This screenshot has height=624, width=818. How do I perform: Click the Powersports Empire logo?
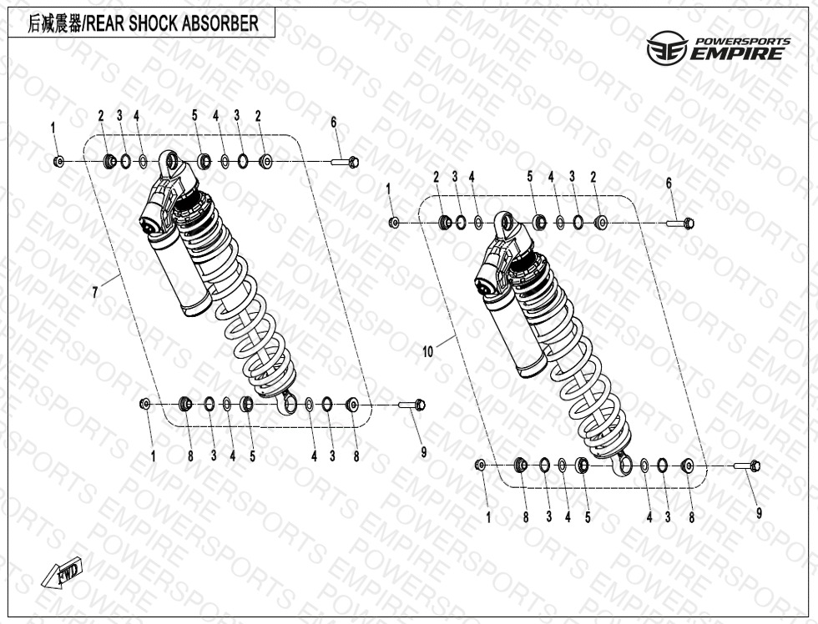click(x=718, y=50)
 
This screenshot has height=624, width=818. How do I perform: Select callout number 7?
click(x=95, y=292)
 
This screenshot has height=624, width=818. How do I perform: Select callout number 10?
click(x=428, y=353)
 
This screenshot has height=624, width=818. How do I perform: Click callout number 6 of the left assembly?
click(x=333, y=122)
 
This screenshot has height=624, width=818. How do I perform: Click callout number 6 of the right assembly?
click(x=669, y=183)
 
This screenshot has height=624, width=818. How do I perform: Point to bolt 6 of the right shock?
click(x=680, y=223)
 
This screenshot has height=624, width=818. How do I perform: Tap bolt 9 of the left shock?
click(x=413, y=405)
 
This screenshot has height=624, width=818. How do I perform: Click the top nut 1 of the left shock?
click(x=58, y=160)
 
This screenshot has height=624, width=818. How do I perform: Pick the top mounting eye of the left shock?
click(x=170, y=159)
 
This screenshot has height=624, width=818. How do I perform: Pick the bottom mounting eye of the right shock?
click(x=622, y=463)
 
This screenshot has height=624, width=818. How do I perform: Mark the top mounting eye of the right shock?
click(x=502, y=221)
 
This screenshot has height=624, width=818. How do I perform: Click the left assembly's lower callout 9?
click(x=423, y=452)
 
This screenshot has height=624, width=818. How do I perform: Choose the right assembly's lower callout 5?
click(x=587, y=517)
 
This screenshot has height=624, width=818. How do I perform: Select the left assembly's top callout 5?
click(x=194, y=115)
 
